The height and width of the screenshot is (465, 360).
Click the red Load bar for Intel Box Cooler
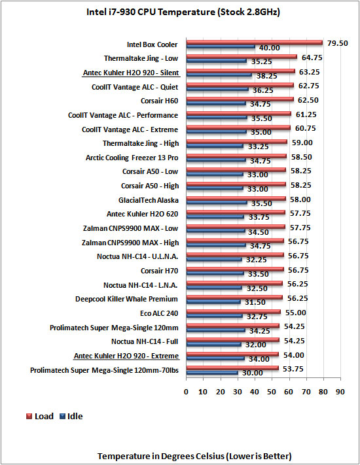click(x=255, y=43)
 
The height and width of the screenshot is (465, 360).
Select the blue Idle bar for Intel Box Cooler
click(x=221, y=46)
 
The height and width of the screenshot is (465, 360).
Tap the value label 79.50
click(x=338, y=43)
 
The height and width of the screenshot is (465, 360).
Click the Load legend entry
click(x=40, y=416)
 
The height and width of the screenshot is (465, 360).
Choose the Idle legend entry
click(x=71, y=416)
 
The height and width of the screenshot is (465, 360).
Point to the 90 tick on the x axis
click(x=340, y=392)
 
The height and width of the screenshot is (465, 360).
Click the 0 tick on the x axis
click(x=186, y=392)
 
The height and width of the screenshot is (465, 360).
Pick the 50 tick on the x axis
click(x=271, y=392)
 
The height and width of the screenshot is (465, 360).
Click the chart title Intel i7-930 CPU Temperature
click(x=151, y=12)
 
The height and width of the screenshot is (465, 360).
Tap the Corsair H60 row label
click(x=159, y=101)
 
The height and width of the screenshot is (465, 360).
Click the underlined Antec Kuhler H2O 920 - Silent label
click(x=131, y=73)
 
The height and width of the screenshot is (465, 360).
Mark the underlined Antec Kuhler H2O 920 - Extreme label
click(x=126, y=356)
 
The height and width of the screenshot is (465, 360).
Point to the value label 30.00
click(x=252, y=373)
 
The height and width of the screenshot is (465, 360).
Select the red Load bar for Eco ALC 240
click(x=233, y=312)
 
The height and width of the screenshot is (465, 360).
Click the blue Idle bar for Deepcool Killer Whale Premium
click(x=213, y=301)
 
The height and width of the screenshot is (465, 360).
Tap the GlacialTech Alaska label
click(x=149, y=200)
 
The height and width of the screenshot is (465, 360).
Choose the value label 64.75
click(x=312, y=58)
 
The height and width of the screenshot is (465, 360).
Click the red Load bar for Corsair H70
click(x=235, y=269)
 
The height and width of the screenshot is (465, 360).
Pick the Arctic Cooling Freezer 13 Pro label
click(x=132, y=158)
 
